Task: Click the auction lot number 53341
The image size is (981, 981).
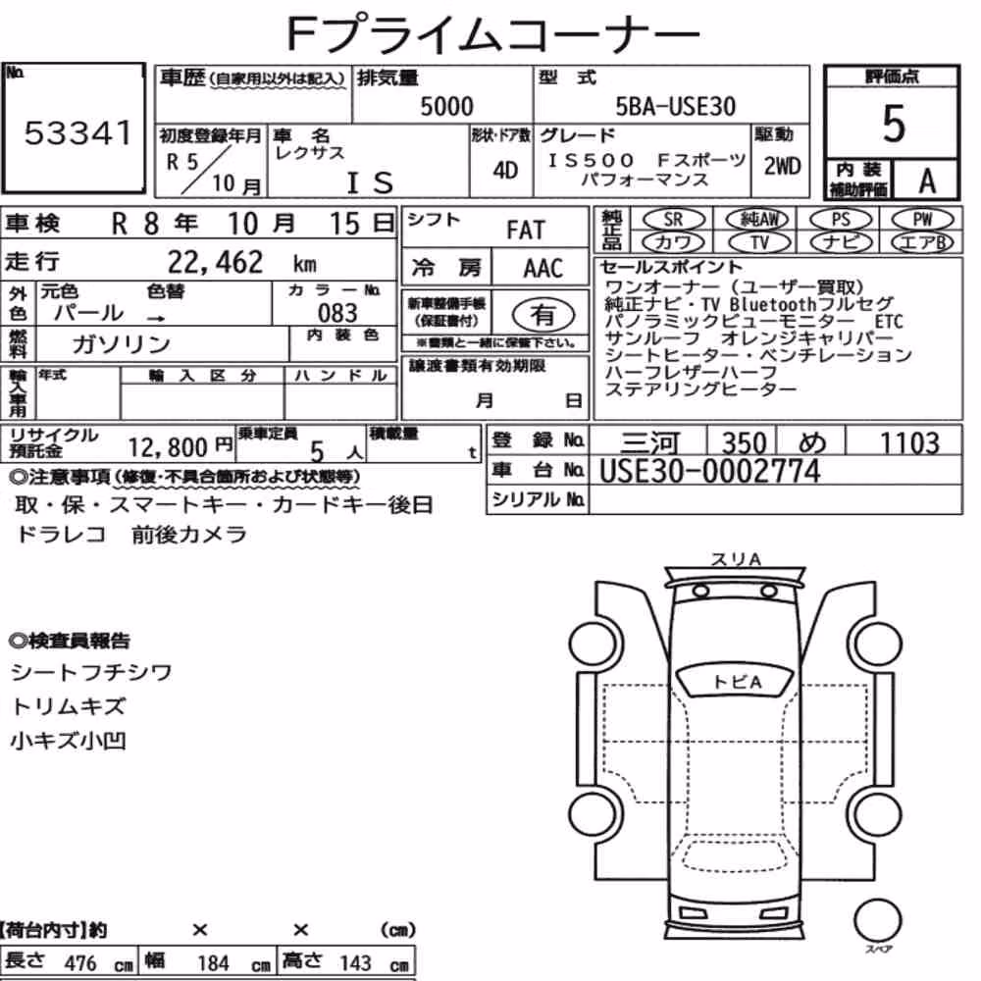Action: (78, 132)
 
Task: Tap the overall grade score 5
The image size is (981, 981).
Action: (894, 124)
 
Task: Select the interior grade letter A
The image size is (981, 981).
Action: (927, 181)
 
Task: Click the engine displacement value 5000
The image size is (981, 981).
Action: (446, 106)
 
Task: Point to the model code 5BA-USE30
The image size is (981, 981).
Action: (676, 106)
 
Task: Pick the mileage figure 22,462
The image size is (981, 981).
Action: (215, 262)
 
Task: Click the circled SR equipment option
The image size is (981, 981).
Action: (673, 220)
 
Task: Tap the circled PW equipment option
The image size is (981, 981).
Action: (922, 220)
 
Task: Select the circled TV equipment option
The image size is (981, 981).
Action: (758, 242)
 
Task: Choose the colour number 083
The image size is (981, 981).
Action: (337, 313)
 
